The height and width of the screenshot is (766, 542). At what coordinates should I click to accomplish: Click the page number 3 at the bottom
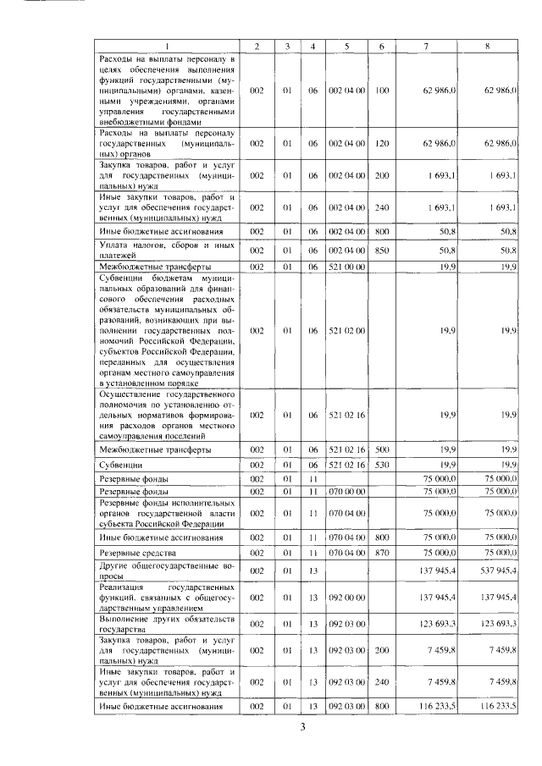(x=310, y=725)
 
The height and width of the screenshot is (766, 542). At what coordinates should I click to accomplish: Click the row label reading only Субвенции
(x=119, y=465)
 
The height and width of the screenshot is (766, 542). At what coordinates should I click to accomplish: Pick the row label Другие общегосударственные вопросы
(x=166, y=569)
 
